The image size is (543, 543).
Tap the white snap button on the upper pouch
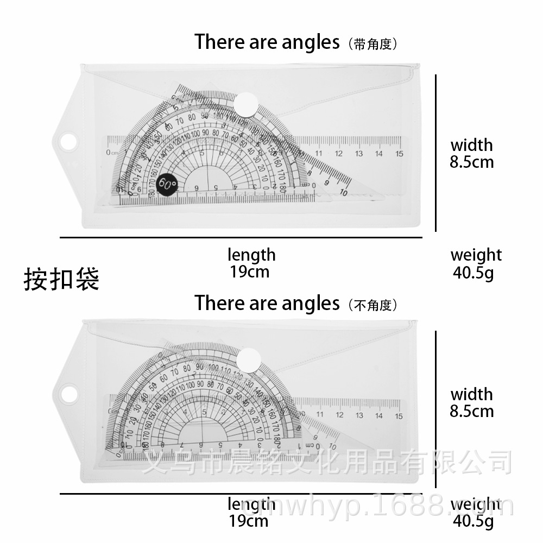coord(247,103)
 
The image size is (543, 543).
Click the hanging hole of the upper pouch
coord(68,142)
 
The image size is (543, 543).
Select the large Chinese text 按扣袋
coord(61,279)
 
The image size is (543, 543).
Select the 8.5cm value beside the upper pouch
coord(471,162)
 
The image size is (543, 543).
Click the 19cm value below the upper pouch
coord(249,271)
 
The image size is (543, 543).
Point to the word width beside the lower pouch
coord(471,394)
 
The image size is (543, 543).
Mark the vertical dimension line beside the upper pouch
coord(436,153)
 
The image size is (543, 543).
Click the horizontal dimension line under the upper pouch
coord(241,237)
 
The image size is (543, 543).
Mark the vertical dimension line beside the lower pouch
coord(436,410)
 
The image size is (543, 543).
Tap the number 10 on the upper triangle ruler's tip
coord(343,192)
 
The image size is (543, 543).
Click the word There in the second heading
coord(220,303)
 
